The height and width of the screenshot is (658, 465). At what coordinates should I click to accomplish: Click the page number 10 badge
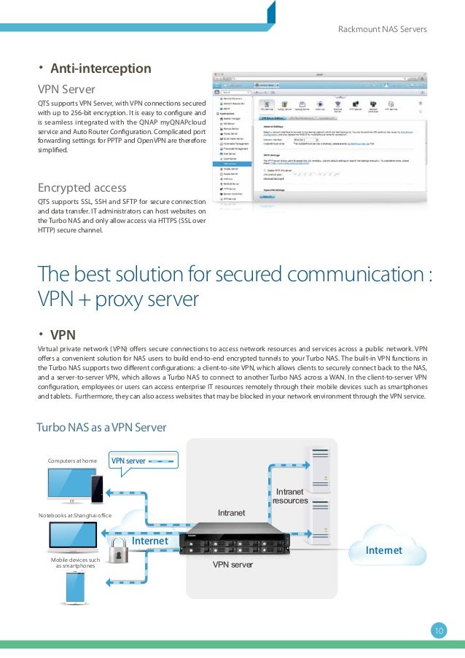point(439,631)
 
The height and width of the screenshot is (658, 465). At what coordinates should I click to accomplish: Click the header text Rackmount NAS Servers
point(383,29)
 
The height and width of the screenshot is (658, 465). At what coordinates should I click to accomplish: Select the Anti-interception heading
point(100,69)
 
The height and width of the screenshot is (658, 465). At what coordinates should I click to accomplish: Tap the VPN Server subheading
point(66,90)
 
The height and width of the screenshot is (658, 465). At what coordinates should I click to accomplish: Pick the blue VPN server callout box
point(143,461)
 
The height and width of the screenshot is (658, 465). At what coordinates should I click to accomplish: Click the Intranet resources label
point(290,496)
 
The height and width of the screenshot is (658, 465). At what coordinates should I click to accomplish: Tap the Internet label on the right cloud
point(384,551)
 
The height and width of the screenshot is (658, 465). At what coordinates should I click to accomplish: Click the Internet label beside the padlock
point(150,542)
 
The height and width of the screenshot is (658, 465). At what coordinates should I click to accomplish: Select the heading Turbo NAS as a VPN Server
point(101,427)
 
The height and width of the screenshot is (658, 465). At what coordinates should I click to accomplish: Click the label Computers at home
point(72,461)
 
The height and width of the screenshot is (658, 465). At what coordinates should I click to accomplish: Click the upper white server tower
point(318,466)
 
